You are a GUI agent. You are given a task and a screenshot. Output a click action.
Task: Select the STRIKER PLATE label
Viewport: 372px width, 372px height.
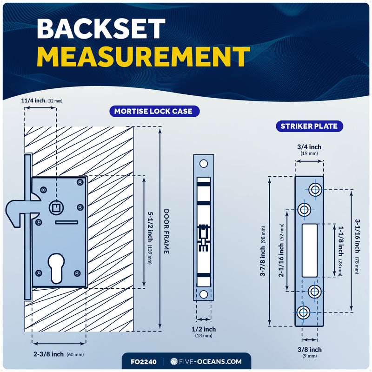click(x=309, y=126)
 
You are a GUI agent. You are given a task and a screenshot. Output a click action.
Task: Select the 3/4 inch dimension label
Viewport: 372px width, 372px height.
click(x=309, y=147)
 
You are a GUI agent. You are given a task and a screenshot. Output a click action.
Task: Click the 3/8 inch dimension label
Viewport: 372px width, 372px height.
click(x=309, y=349)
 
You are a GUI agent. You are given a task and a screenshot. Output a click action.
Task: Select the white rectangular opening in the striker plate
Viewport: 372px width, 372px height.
click(x=309, y=250)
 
